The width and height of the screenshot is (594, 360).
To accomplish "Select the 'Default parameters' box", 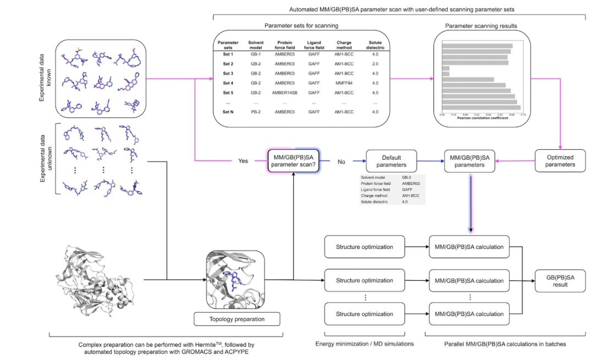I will click(392, 161).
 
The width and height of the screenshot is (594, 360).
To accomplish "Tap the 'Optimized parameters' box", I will click(560, 161).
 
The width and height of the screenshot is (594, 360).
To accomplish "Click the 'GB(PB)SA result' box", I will click(559, 280).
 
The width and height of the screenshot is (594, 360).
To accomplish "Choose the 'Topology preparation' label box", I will click(237, 319).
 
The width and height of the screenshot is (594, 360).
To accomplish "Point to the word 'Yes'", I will click(243, 162).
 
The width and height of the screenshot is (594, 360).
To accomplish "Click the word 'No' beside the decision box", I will click(340, 162).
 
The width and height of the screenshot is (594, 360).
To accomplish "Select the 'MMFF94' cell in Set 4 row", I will click(344, 83).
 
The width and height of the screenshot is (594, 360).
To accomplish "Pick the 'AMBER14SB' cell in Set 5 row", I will click(284, 92).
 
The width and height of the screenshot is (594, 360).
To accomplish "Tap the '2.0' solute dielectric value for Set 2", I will click(375, 64).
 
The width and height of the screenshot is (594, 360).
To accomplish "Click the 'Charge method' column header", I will click(344, 45).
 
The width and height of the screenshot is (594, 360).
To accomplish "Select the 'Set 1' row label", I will click(228, 54).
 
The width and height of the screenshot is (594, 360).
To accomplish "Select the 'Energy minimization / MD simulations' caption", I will click(365, 343).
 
